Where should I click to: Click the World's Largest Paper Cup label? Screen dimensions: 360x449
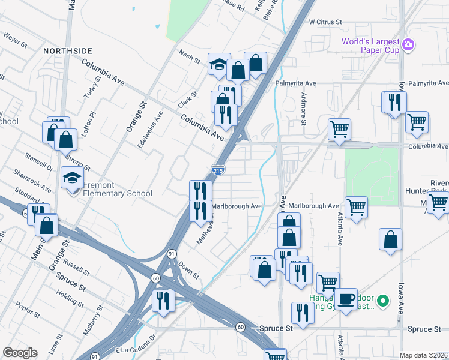pyautogui.click(x=370, y=46)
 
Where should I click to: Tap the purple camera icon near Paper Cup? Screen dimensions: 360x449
pyautogui.click(x=408, y=44)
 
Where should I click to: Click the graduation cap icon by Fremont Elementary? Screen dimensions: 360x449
pyautogui.click(x=72, y=178)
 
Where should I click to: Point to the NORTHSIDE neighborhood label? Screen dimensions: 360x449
pyautogui.click(x=68, y=52)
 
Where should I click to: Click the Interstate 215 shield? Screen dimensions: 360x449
pyautogui.click(x=218, y=171)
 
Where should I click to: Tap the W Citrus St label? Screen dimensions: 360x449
pyautogui.click(x=325, y=22)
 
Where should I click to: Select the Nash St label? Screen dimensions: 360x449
pyautogui.click(x=189, y=56)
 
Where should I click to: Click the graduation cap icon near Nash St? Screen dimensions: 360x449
pyautogui.click(x=219, y=64)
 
